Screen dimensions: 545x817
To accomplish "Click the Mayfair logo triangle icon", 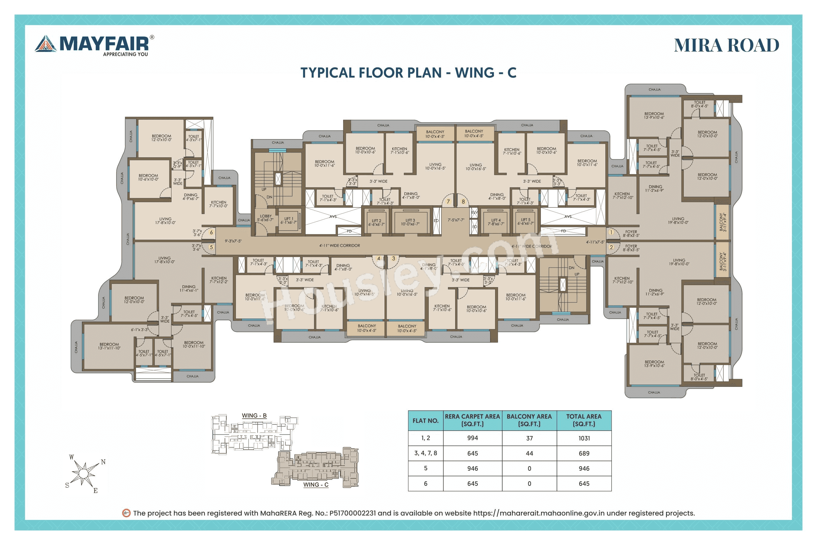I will [46, 44].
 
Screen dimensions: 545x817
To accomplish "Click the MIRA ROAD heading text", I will [726, 46].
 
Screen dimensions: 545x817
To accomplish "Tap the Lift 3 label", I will [410, 222].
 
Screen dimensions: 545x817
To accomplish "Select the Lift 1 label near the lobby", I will [288, 220].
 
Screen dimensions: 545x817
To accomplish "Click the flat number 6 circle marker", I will [211, 232].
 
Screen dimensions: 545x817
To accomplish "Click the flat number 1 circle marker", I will [611, 232].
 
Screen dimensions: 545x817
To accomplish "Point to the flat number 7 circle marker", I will [448, 202].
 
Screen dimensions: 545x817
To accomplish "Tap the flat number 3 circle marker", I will [394, 258].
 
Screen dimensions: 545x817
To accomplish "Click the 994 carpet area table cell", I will [472, 438].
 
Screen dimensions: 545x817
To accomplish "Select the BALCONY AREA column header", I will [529, 420].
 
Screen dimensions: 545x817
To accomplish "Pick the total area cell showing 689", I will [584, 453].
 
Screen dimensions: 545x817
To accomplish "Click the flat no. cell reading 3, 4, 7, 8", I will [426, 453].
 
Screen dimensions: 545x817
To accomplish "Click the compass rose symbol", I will [83, 473].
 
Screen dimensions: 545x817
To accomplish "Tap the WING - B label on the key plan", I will [254, 415].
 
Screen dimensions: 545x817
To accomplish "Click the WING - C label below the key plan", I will [316, 485].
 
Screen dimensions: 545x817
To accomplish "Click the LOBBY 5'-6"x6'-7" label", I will [265, 218].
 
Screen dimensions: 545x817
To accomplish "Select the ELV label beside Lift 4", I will [474, 212].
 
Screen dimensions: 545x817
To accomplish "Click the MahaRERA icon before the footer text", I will [126, 513].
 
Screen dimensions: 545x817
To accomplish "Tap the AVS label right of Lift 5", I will [568, 216].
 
